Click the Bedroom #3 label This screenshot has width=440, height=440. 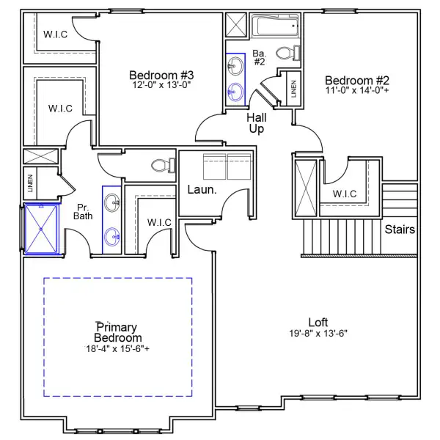[x=161, y=74]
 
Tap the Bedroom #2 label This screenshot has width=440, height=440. [x=356, y=81]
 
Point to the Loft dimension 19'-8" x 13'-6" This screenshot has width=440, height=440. [x=318, y=333]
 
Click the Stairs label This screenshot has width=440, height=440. [x=400, y=230]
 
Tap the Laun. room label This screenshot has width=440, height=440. [x=202, y=189]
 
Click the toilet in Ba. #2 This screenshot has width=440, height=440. [x=286, y=53]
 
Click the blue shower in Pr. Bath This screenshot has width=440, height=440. [x=42, y=228]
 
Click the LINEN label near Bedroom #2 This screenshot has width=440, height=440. [x=293, y=88]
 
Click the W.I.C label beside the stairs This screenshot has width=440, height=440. [x=344, y=194]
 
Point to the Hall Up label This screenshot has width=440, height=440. [x=257, y=123]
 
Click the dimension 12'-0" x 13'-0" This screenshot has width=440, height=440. [x=161, y=84]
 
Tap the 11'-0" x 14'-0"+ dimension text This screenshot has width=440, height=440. [x=356, y=91]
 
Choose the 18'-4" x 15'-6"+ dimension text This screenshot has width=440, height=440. [x=117, y=349]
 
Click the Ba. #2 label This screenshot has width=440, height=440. [x=259, y=57]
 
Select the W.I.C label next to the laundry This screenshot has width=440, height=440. [x=159, y=222]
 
